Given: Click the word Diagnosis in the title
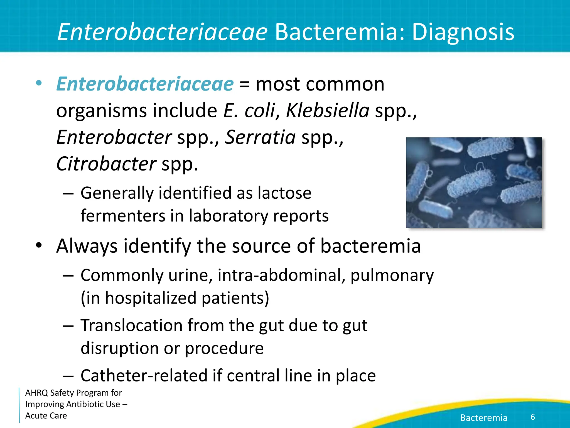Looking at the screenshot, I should point(463,32).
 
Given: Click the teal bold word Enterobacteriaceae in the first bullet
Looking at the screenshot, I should point(145,84).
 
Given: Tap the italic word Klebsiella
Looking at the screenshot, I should point(328,111).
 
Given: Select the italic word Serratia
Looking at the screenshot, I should point(260,137).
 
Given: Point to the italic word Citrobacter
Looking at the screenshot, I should point(106,164).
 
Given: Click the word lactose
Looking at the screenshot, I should point(284,193).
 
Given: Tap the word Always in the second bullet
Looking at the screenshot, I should point(87,246).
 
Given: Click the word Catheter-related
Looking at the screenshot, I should point(144,376).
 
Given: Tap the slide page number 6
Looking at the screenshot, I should point(533,417).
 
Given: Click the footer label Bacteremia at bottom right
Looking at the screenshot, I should point(483,418).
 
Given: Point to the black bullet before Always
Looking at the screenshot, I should point(39,245).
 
